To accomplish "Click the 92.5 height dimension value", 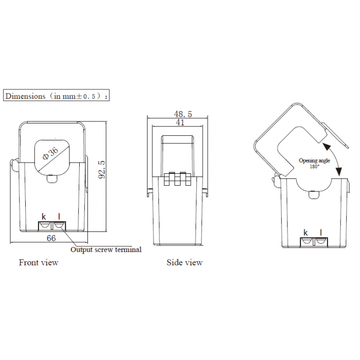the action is (x=102, y=169).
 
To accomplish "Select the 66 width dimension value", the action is (x=51, y=238).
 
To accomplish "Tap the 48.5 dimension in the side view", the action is (x=183, y=114).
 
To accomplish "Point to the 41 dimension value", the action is (x=180, y=122).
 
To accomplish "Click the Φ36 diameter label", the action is (x=50, y=153).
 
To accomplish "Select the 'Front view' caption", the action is (x=39, y=262).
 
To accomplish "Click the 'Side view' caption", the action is (x=185, y=262).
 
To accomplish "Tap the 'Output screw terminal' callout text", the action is (x=106, y=249).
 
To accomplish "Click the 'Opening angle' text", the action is (x=314, y=160).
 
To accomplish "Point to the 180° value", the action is (x=315, y=167).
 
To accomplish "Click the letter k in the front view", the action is (x=44, y=217).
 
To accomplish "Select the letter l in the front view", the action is (x=59, y=217).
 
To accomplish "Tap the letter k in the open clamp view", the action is (x=305, y=232).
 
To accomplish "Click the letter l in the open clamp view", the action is (x=321, y=232).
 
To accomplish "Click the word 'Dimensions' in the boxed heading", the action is (x=25, y=96).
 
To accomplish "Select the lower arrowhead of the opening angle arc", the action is (x=338, y=171).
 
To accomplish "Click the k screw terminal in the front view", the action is (x=45, y=226).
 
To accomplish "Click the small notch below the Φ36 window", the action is (x=52, y=179).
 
